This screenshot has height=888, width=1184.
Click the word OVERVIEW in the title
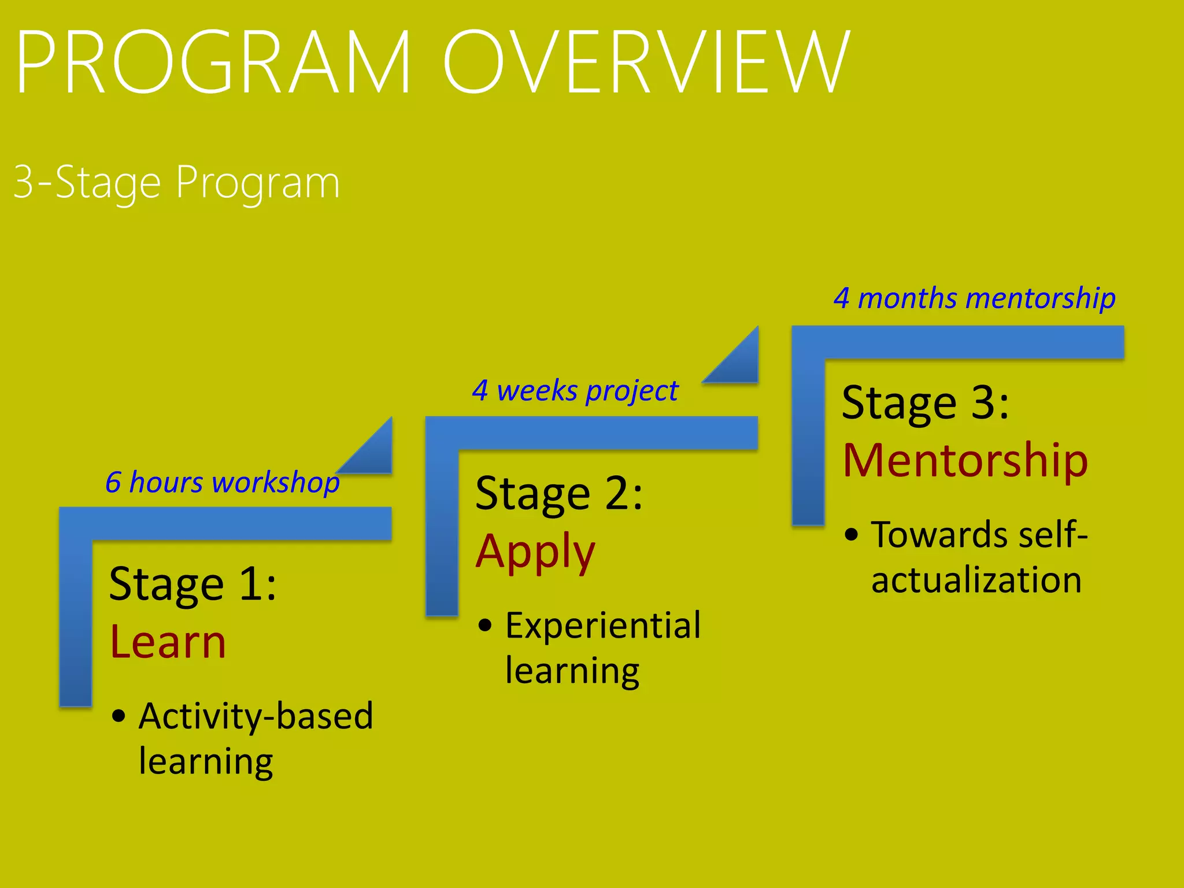pyautogui.click(x=646, y=62)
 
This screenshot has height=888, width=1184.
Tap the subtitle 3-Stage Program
pyautogui.click(x=176, y=183)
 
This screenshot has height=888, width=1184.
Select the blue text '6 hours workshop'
pyautogui.click(x=222, y=482)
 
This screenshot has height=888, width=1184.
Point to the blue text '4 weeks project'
pyautogui.click(x=575, y=391)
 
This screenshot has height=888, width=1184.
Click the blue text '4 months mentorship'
pyautogui.click(x=974, y=299)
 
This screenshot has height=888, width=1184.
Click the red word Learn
pyautogui.click(x=168, y=642)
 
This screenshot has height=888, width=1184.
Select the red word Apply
pyautogui.click(x=535, y=552)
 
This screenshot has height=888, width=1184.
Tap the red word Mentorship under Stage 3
pyautogui.click(x=965, y=461)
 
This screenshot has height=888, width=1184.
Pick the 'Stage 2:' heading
pyautogui.click(x=558, y=494)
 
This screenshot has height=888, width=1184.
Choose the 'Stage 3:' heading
pyautogui.click(x=925, y=403)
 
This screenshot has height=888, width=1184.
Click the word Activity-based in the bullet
pyautogui.click(x=256, y=717)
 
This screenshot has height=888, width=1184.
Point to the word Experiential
pyautogui.click(x=602, y=626)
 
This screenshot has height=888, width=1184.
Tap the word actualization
pyautogui.click(x=976, y=580)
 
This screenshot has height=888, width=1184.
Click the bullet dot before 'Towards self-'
pyautogui.click(x=851, y=534)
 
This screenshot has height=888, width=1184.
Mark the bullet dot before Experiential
pyautogui.click(x=485, y=625)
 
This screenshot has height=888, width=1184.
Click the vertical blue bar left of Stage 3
pyautogui.click(x=808, y=439)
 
